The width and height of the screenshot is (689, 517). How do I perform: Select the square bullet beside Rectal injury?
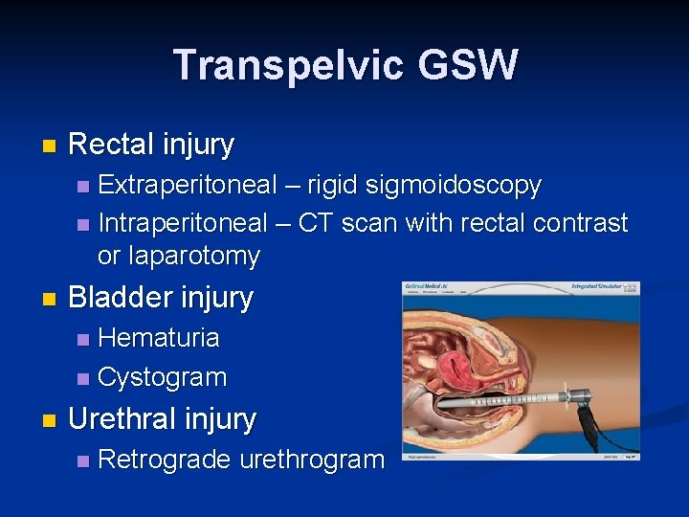(50, 146)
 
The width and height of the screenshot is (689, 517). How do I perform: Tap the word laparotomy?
(178, 256)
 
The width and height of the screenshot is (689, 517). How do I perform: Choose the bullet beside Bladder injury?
(50, 299)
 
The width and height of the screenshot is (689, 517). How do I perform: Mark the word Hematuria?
(159, 337)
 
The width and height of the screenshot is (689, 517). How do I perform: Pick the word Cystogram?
(163, 377)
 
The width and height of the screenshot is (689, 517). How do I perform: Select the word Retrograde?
(164, 460)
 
